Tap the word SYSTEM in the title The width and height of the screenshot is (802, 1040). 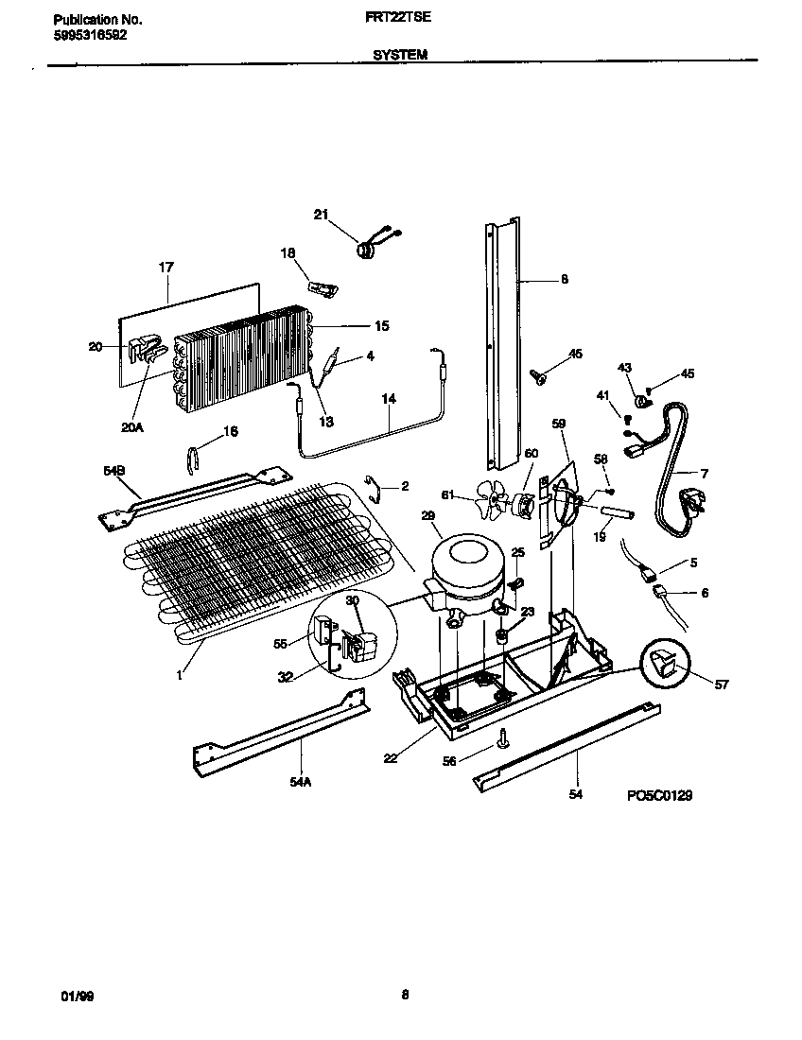click(x=400, y=55)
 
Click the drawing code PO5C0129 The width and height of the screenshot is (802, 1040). click(x=659, y=796)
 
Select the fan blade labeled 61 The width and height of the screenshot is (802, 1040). click(x=493, y=499)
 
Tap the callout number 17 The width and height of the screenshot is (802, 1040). click(x=166, y=268)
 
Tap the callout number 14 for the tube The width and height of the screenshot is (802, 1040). click(x=387, y=399)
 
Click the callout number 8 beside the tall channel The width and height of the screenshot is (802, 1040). click(x=565, y=279)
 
